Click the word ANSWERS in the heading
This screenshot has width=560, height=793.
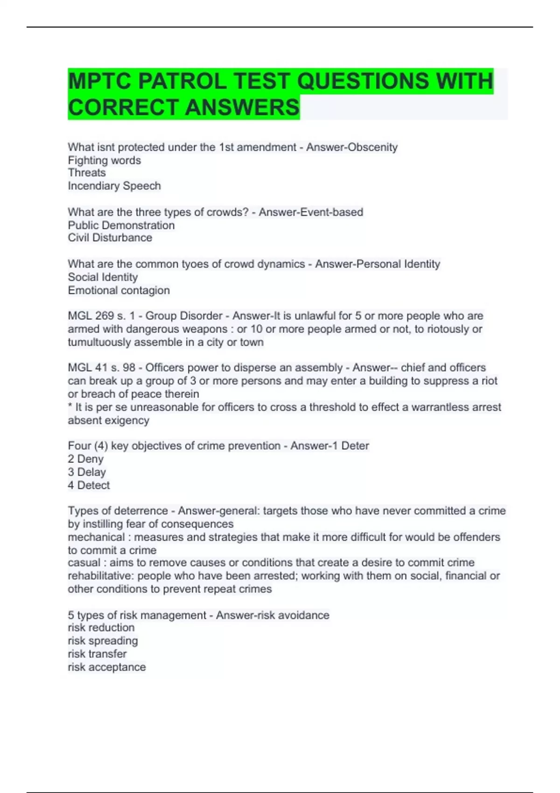pyautogui.click(x=242, y=107)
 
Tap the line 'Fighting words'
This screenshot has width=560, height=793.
pyautogui.click(x=105, y=160)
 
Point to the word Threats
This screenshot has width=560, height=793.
pyautogui.click(x=87, y=173)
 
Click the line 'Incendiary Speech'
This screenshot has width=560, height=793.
pyautogui.click(x=114, y=186)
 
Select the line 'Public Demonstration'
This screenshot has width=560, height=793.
pyautogui.click(x=121, y=225)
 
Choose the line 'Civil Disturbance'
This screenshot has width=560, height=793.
pyautogui.click(x=110, y=238)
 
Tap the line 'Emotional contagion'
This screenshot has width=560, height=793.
pyautogui.click(x=119, y=291)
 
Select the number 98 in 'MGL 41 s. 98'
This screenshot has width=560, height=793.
pyautogui.click(x=129, y=368)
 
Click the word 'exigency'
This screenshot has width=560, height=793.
pyautogui.click(x=128, y=421)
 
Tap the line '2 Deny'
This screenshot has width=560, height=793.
pyautogui.click(x=85, y=459)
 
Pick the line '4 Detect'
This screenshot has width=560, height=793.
pyautogui.click(x=89, y=486)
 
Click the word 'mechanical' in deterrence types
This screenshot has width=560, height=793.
pyautogui.click(x=96, y=537)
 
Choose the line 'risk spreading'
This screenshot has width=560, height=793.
pyautogui.click(x=103, y=641)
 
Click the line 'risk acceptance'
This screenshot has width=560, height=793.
pyautogui.click(x=107, y=668)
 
